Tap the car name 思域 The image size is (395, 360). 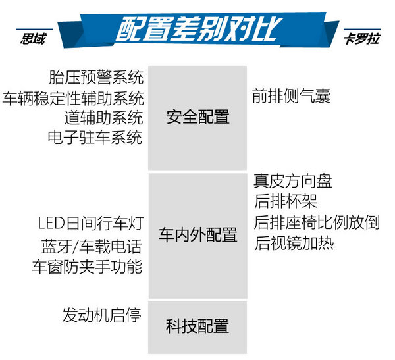click(34, 39)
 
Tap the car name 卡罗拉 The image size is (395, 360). click(361, 39)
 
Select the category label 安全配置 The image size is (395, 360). click(197, 117)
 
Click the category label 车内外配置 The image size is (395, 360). click(197, 234)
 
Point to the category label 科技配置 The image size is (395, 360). click(197, 326)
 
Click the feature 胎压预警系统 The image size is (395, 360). click(96, 78)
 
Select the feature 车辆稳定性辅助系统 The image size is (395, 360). click(73, 98)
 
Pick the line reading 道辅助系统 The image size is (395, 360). click(104, 118)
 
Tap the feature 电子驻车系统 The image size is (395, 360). click(95, 138)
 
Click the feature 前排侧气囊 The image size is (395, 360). click(292, 96)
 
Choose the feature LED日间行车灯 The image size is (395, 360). click(91, 223)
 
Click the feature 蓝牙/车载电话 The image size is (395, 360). click(92, 246)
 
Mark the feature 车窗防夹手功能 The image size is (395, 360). click(87, 267)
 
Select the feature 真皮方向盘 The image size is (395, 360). click(293, 181)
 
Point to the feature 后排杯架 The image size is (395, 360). click(286, 201)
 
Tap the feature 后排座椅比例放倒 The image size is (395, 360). click(317, 222)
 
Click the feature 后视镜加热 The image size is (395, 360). click(294, 243)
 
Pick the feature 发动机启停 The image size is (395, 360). click(102, 315)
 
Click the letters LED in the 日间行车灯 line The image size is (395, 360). click(51, 223)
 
